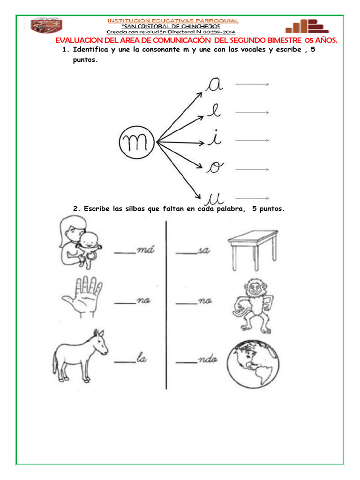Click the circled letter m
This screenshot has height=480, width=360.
[x=136, y=141]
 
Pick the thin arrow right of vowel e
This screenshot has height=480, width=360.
[x=252, y=112]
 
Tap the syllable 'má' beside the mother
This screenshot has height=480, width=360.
[x=145, y=251]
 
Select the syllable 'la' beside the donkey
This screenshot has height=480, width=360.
[x=142, y=359]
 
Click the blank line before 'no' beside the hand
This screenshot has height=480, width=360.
[x=124, y=302]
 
